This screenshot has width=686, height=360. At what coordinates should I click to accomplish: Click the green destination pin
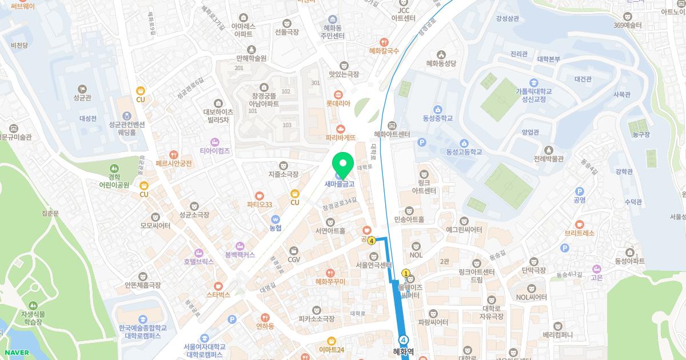coord(343,165)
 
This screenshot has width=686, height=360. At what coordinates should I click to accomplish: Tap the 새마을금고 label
coord(340,184)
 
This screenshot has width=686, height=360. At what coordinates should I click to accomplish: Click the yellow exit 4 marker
coord(372,241)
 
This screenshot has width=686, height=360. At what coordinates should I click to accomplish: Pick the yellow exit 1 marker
coord(406,274)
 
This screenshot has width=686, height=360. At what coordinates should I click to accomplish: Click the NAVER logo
coord(15,353)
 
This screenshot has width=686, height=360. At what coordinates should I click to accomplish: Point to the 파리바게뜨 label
coord(341,138)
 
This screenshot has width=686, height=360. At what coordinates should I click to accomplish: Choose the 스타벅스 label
coord(218,295)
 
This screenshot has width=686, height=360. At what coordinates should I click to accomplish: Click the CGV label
coord(294,259)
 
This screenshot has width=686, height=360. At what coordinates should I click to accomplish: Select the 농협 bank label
coord(276,227)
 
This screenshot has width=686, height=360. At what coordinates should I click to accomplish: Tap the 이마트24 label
coord(332,349)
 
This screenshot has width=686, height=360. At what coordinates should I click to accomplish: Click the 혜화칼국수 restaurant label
coord(384,51)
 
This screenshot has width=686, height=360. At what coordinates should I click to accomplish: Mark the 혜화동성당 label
coord(441,63)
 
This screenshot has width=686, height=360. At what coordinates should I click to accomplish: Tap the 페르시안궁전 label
coord(173,163)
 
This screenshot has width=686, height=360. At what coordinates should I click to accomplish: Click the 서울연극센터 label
coord(373,265)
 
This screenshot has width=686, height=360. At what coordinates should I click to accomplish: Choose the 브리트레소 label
coord(580,233)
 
